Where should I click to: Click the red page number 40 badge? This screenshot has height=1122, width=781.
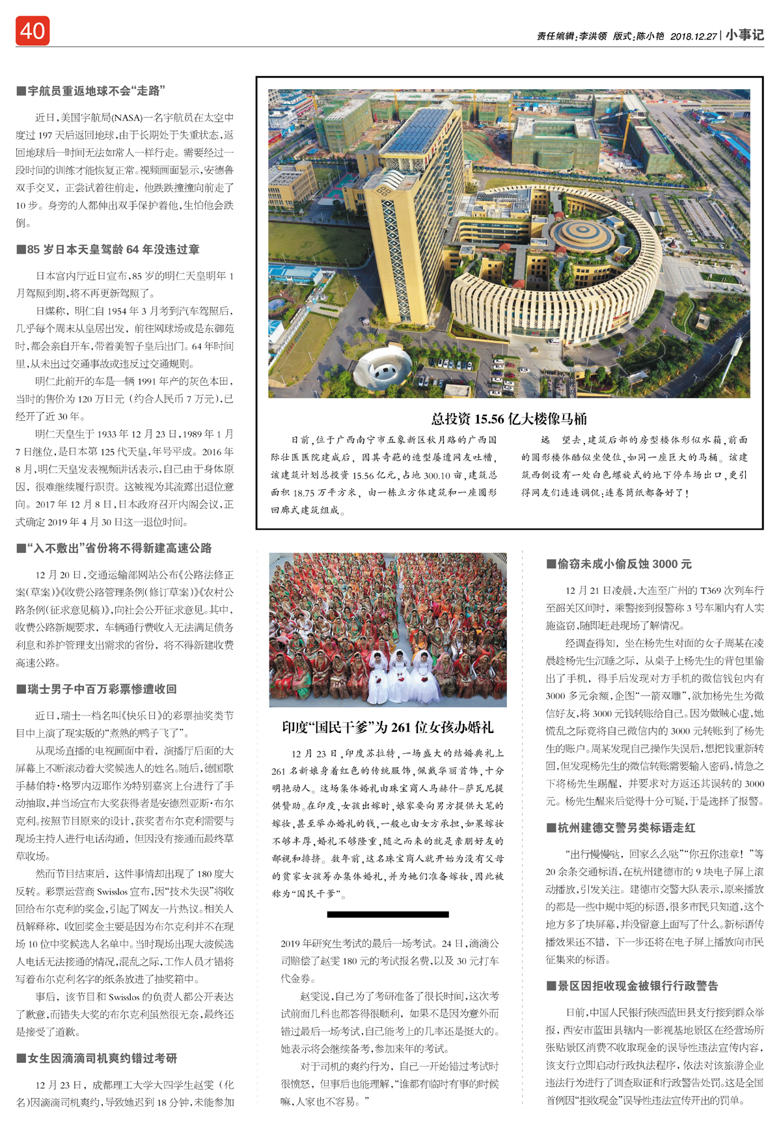[33, 31]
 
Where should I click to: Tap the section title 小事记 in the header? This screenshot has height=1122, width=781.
[745, 35]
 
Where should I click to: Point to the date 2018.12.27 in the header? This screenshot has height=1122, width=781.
[694, 36]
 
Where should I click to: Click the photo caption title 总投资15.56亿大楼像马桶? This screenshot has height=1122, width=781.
[509, 418]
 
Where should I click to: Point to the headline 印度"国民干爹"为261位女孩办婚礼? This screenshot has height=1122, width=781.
[388, 727]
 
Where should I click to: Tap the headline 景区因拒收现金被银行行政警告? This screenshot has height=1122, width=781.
[637, 985]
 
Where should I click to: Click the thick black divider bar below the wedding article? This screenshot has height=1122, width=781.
[388, 914]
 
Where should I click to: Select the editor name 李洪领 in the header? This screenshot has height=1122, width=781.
[593, 36]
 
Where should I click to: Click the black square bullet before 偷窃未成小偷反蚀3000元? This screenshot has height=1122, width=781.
[551, 564]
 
